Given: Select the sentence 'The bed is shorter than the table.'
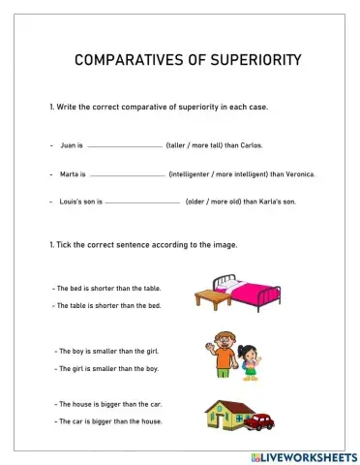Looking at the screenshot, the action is (108, 289).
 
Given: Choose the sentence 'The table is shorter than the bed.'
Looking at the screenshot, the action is (108, 305).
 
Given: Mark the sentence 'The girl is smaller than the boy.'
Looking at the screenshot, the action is (107, 368).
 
